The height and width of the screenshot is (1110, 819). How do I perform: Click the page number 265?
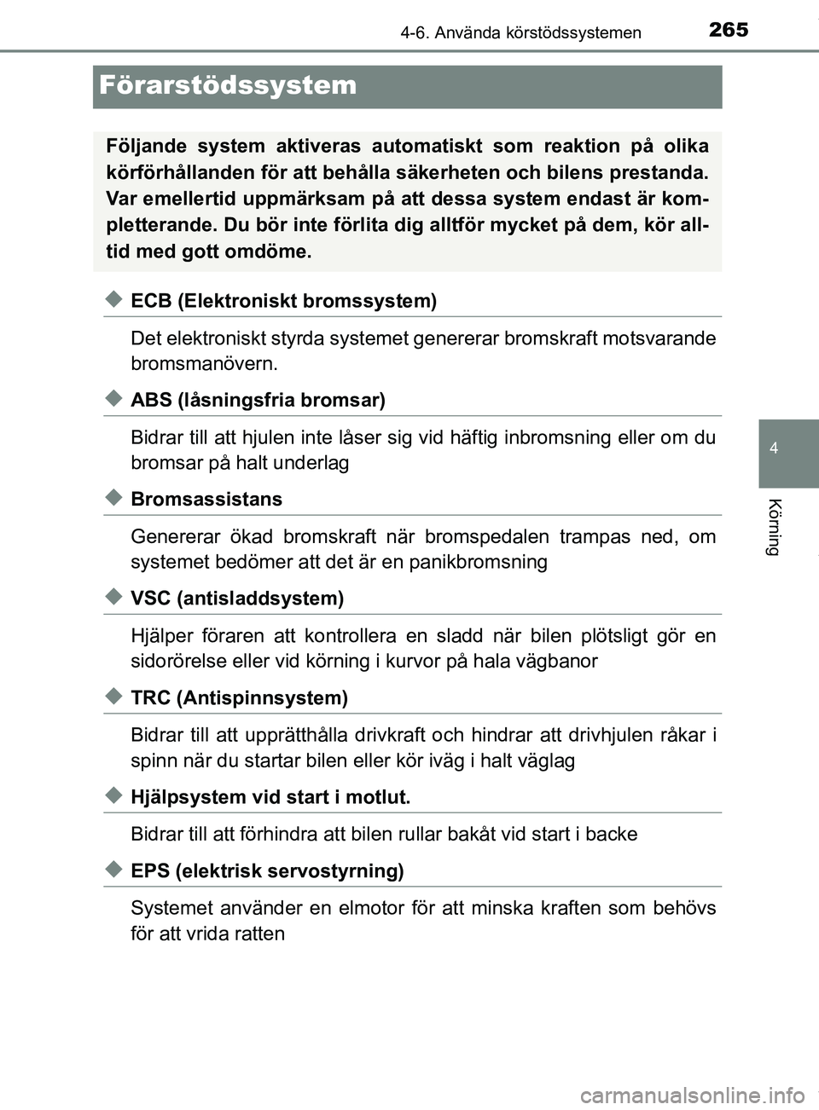click(x=728, y=30)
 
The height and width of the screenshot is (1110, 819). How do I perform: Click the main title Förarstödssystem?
click(x=228, y=85)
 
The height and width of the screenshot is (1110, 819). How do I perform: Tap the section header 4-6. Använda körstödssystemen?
click(x=520, y=33)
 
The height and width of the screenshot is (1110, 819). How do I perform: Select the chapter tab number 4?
click(x=773, y=448)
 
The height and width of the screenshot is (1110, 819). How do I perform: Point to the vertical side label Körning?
click(x=774, y=527)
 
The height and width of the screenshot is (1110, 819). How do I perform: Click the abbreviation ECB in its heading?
click(x=152, y=301)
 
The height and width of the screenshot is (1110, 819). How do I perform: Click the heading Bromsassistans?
click(x=206, y=500)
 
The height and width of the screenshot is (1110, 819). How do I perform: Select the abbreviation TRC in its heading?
click(x=151, y=698)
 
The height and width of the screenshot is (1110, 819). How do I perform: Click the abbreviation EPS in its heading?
click(x=150, y=871)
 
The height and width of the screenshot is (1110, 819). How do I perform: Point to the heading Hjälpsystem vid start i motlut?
click(x=270, y=798)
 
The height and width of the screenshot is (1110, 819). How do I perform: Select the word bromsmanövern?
click(x=204, y=364)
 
